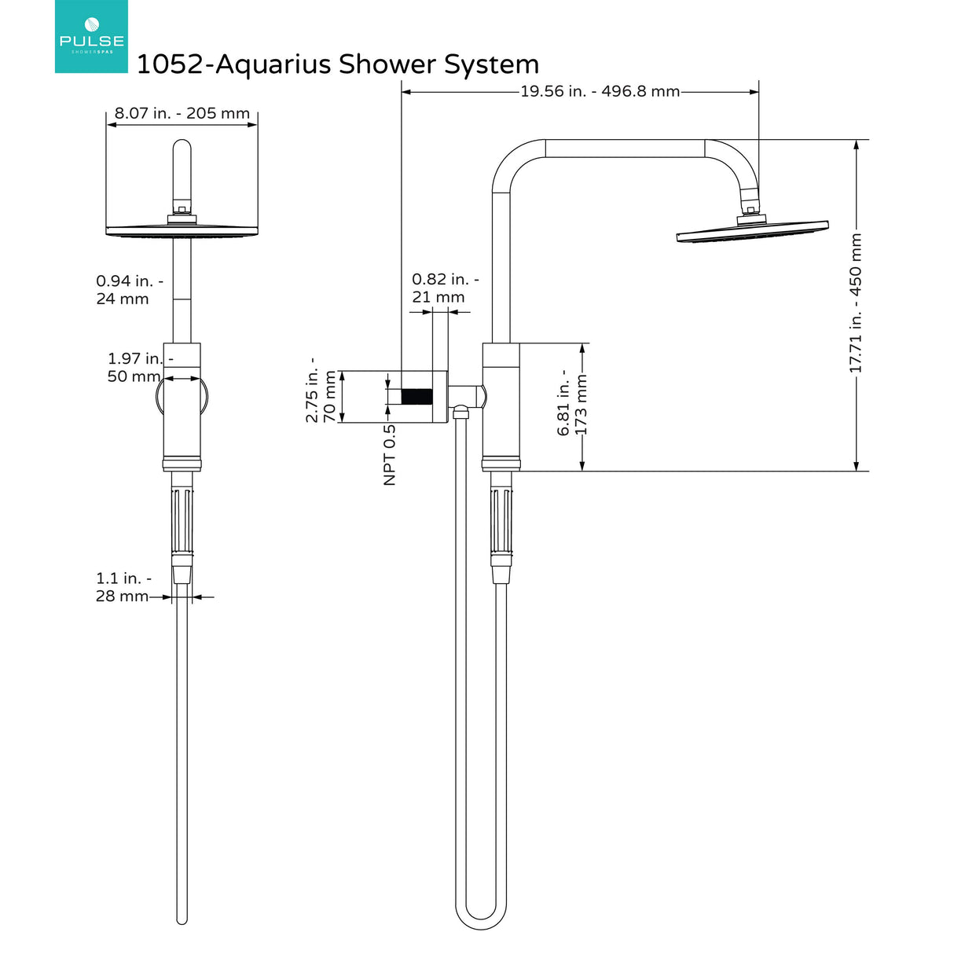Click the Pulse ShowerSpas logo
pos(91,37)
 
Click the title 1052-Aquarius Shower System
pos(338,64)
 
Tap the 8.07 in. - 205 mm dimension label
pos(182,113)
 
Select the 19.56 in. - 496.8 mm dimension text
pos(600,91)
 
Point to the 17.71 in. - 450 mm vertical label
pos(855,303)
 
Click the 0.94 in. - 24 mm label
pos(129,290)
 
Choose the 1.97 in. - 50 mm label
pos(140,367)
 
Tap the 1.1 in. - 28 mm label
pos(123,587)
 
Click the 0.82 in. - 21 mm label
pos(445,288)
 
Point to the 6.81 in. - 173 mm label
pos(572,402)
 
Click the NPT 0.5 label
pos(390,454)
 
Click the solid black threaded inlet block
pos(416,397)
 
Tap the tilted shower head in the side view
pos(752,232)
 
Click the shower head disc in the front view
pos(182,231)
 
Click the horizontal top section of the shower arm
pos(625,149)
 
